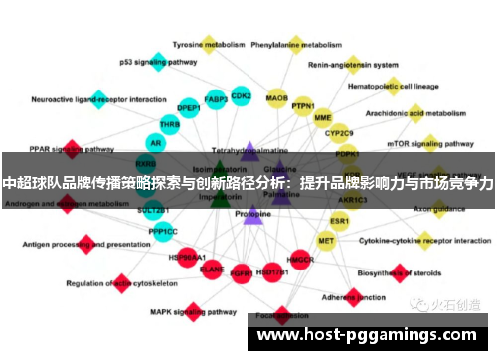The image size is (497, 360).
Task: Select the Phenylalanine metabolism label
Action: [x=296, y=45]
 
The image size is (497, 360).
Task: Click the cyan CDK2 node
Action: [x=241, y=96]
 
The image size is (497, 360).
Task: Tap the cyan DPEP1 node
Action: [x=188, y=108]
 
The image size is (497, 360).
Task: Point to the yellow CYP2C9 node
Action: [x=339, y=132]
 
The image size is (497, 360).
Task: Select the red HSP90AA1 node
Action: [x=187, y=257]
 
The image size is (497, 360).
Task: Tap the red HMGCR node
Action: [x=300, y=260]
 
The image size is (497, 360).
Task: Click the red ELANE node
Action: [x=212, y=268]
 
